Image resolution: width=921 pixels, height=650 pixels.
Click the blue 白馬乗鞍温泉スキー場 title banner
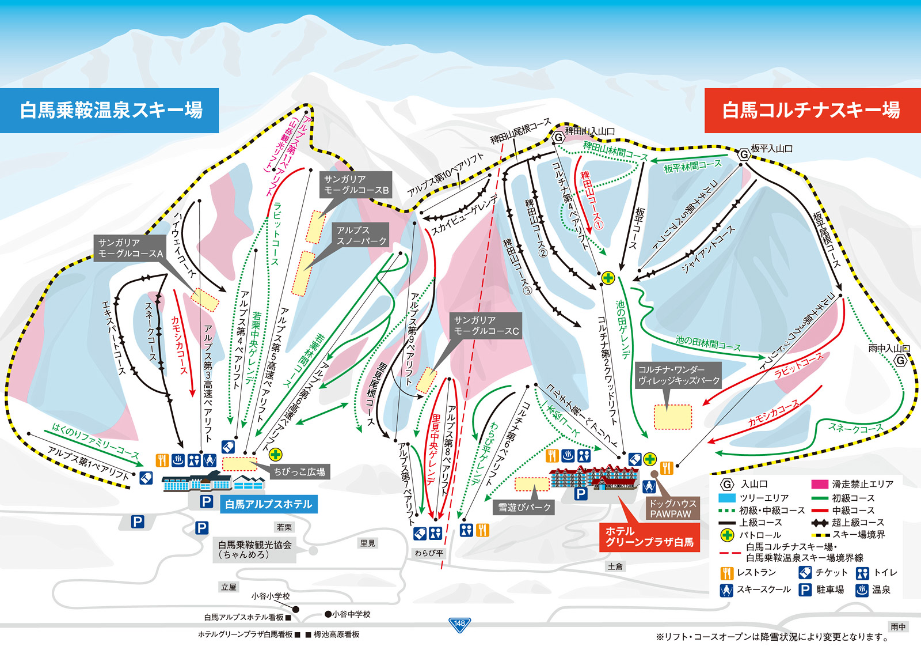(x=109, y=110)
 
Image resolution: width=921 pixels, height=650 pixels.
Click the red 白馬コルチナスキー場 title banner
(x=812, y=110)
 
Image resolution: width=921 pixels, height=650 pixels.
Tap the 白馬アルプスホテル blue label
(x=268, y=504)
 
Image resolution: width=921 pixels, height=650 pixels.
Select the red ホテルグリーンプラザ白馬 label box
(x=649, y=537)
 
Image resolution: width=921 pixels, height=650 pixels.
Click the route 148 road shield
(x=459, y=624)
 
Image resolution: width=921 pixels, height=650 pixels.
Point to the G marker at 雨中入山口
(x=901, y=361)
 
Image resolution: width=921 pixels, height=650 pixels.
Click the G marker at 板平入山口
(x=744, y=154)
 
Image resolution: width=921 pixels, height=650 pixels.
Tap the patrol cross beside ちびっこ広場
(x=276, y=454)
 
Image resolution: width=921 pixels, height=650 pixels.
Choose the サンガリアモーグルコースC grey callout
(x=486, y=326)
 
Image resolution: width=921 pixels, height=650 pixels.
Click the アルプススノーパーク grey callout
(x=361, y=236)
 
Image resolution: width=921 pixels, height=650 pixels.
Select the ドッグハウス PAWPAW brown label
(x=670, y=509)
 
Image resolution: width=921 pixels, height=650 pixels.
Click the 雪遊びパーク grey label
(x=524, y=507)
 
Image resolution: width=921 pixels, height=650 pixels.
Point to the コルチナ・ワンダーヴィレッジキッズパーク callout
(x=679, y=375)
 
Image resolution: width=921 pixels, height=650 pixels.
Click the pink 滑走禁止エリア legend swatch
(x=819, y=485)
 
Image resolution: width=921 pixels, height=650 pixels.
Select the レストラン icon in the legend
(x=726, y=573)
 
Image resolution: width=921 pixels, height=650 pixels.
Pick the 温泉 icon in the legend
(x=861, y=590)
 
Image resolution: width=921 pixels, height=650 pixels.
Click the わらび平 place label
(x=429, y=553)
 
